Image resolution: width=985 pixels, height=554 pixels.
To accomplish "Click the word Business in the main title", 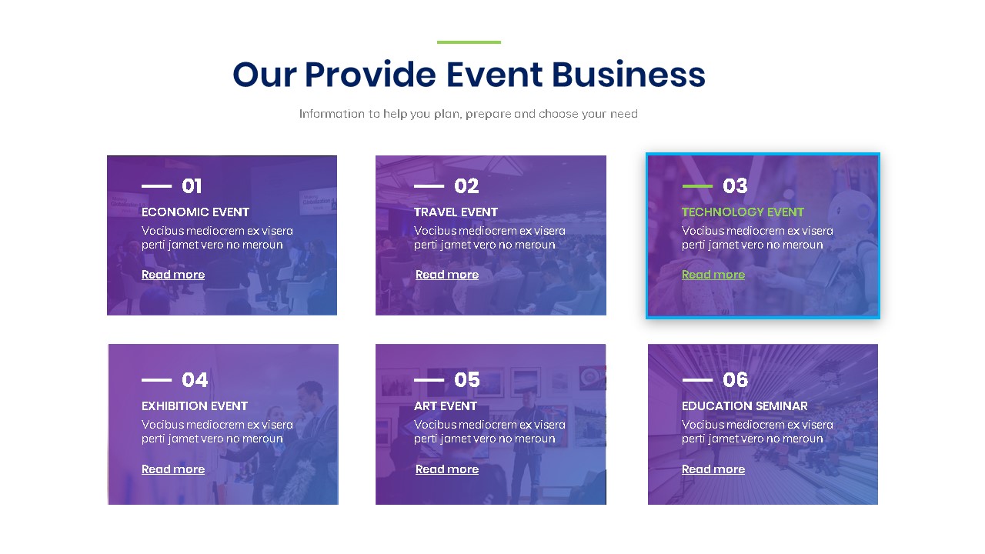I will click(628, 75).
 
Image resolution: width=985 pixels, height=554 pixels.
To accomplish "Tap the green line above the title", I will click(469, 42).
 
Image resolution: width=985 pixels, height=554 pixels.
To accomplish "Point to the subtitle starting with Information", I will click(468, 114).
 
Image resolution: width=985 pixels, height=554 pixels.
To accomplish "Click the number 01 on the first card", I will click(192, 186).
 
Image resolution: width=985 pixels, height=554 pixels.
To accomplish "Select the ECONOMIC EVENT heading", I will click(195, 212).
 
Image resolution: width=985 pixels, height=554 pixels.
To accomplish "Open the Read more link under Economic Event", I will click(173, 275).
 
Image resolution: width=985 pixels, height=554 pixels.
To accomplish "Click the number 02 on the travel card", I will click(466, 186).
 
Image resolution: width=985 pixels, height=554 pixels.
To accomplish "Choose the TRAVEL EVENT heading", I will click(456, 212).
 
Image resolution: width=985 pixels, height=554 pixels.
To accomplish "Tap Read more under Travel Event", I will click(447, 275).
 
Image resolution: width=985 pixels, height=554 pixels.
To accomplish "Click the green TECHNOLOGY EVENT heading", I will click(743, 212).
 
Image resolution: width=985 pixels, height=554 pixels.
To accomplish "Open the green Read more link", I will click(713, 275).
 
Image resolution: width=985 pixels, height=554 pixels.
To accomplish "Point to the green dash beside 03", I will click(697, 186).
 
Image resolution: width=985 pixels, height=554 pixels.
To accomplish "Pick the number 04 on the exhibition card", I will click(195, 380).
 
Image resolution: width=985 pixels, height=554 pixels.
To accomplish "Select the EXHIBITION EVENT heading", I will click(195, 406).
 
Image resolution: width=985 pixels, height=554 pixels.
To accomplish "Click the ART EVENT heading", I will click(446, 406).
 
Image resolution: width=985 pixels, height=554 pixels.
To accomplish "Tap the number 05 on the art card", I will click(467, 380).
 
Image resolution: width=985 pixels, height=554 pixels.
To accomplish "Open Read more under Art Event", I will click(447, 469).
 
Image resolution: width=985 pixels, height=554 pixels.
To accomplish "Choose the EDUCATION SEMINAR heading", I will click(745, 406).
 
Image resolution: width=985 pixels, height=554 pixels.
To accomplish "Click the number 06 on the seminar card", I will click(736, 380).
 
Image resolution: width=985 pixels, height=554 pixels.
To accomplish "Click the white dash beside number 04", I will click(156, 380).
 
